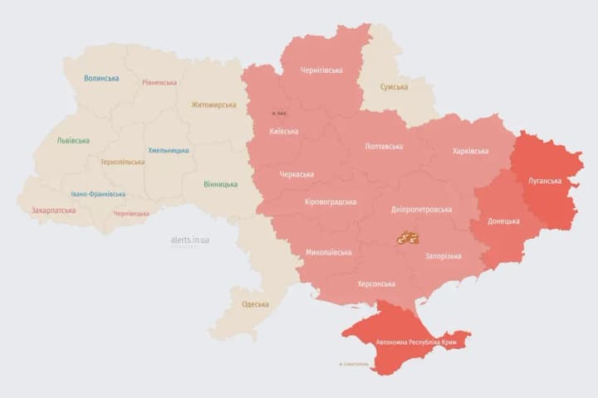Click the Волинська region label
[101, 79]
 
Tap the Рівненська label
[159, 83]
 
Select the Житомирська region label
[213, 105]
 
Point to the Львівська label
[73, 140]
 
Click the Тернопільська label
[122, 163]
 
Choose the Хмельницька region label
[169, 151]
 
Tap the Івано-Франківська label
[98, 194]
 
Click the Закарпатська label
[53, 211]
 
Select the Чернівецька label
[131, 214]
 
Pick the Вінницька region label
[220, 184]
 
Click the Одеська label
[255, 304]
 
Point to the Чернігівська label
[321, 70]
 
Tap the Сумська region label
[394, 87]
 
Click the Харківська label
[471, 151]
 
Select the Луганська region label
[544, 181]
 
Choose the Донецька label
[503, 221]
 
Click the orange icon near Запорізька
[407, 238]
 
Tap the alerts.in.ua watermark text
[190, 240]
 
